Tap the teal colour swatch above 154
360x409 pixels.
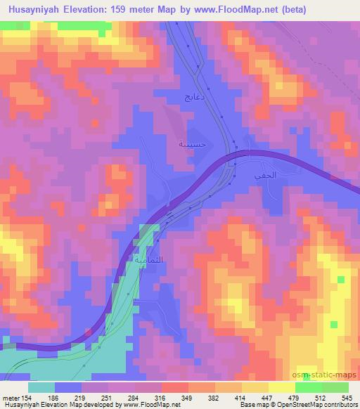click(41, 387)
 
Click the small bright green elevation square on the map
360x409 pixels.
click(341, 280)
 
